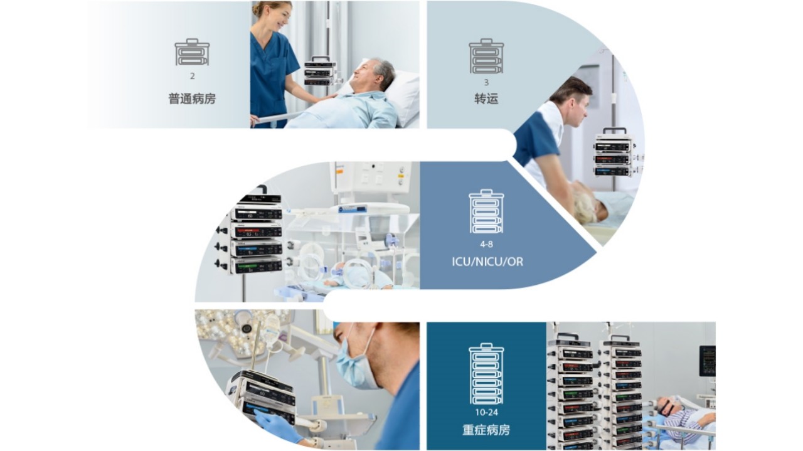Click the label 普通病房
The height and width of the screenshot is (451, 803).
[192, 98]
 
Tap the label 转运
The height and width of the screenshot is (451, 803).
[486, 98]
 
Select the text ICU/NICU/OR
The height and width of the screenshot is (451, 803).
[487, 262]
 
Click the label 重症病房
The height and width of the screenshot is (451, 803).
[486, 430]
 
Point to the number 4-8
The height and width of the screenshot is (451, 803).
[486, 244]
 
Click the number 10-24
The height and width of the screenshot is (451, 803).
[486, 412]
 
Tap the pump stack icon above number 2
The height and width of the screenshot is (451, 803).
[192, 52]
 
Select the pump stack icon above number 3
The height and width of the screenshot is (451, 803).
[486, 56]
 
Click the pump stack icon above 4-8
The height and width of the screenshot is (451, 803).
[486, 211]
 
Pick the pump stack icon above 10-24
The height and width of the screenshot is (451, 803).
[486, 374]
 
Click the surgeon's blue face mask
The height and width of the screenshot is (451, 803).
[356, 366]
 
